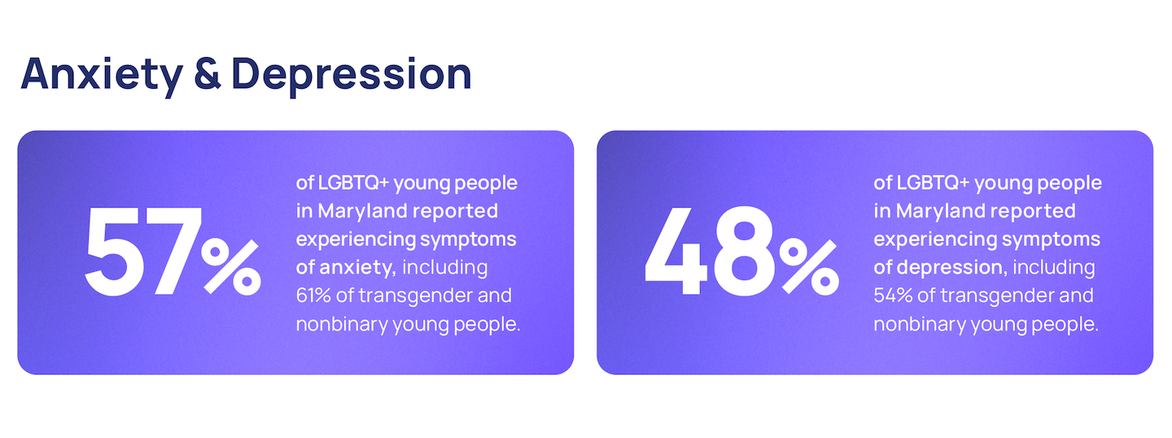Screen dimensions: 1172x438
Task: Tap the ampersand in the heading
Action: coord(208,73)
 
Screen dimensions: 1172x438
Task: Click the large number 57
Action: coord(143,252)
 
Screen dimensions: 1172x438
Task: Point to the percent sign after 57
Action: coord(231,266)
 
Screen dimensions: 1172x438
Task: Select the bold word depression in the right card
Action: coord(952,267)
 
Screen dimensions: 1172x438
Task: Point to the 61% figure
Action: coord(313,296)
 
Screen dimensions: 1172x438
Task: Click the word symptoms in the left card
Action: coord(468,240)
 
